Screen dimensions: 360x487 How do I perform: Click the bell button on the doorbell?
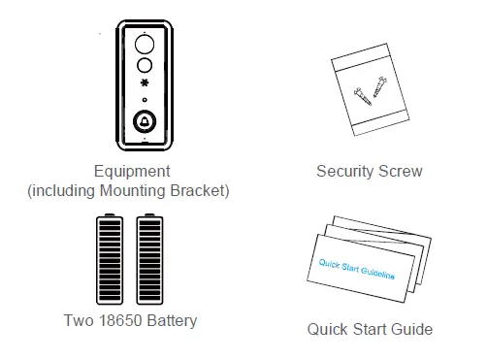[144, 123]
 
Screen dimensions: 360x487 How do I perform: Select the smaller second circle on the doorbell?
[144, 66]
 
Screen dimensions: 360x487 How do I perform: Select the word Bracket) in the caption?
[200, 190]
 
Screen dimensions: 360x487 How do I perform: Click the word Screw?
[403, 172]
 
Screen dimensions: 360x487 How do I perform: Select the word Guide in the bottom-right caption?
[410, 329]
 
